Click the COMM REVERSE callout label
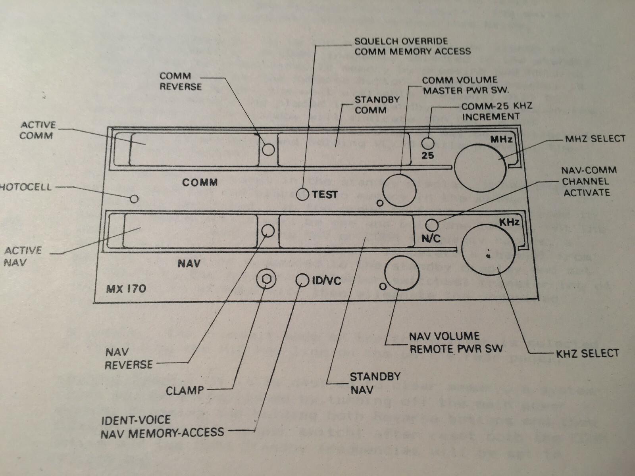click(181, 81)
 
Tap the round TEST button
click(302, 194)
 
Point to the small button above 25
click(427, 143)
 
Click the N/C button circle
click(432, 225)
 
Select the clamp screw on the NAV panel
click(266, 280)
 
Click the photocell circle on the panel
click(136, 198)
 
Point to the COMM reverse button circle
click(269, 150)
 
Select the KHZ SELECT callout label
click(587, 353)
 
